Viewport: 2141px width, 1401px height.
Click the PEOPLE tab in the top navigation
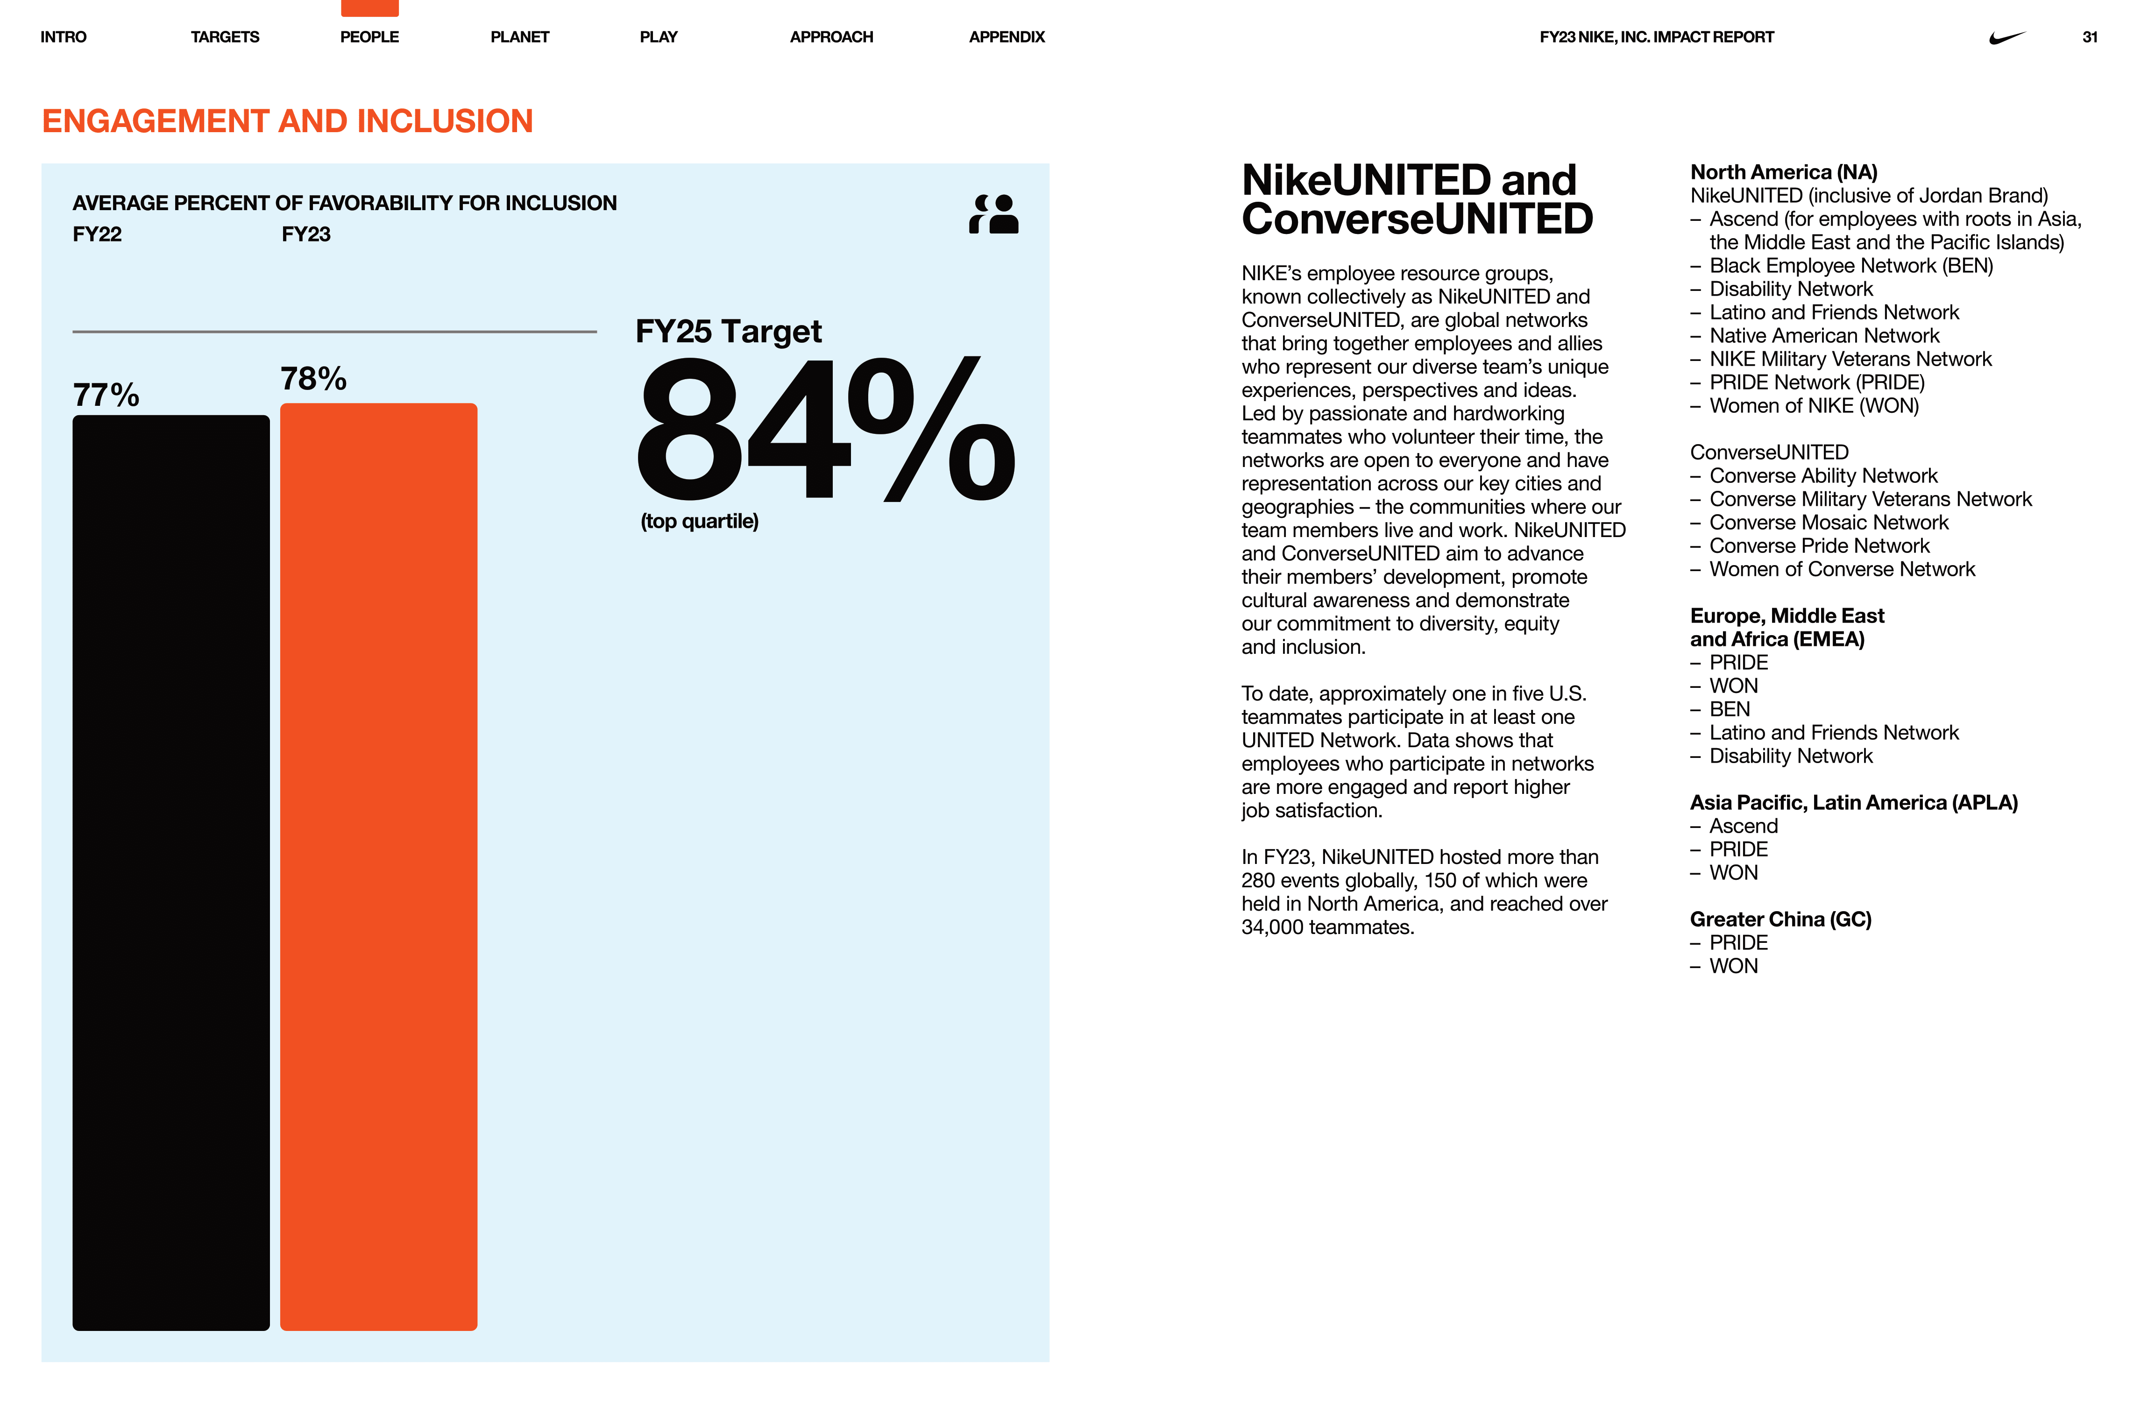click(369, 37)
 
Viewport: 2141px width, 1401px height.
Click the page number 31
click(2089, 37)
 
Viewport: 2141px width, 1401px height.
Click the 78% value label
click(313, 379)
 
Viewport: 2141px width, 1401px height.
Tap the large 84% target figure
click(825, 429)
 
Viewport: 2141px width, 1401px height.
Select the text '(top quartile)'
click(699, 522)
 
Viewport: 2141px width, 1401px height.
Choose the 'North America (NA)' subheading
click(1783, 172)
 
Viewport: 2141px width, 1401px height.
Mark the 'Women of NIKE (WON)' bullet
click(1814, 405)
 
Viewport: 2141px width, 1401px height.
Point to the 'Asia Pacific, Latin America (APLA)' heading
click(1853, 802)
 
